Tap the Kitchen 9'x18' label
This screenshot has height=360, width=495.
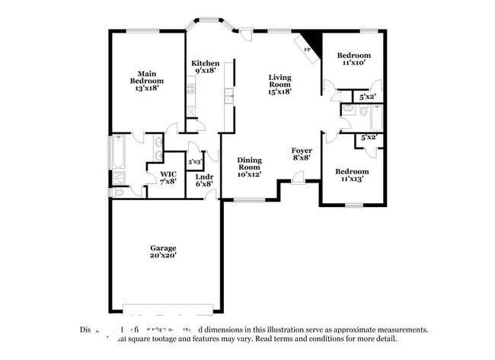pyautogui.click(x=206, y=67)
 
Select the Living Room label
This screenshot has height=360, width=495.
pyautogui.click(x=279, y=84)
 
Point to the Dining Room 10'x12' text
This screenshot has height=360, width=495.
pyautogui.click(x=249, y=167)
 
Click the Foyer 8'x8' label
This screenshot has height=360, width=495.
pyautogui.click(x=302, y=155)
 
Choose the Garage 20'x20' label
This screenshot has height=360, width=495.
pyautogui.click(x=163, y=252)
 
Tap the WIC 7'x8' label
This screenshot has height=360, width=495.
pyautogui.click(x=168, y=177)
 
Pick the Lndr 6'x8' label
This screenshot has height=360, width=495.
pyautogui.click(x=204, y=180)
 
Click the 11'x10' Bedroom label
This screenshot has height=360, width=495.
pyautogui.click(x=353, y=59)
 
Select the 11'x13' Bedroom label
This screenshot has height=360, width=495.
pyautogui.click(x=353, y=175)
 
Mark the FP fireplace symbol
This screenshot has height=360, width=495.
pyautogui.click(x=308, y=49)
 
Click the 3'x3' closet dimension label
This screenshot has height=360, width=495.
pyautogui.click(x=194, y=162)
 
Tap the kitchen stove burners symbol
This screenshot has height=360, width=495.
pyautogui.click(x=190, y=90)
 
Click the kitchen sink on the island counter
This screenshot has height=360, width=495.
pyautogui.click(x=228, y=94)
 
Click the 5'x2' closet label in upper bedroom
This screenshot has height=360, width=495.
pyautogui.click(x=368, y=97)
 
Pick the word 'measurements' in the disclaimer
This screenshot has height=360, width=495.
pyautogui.click(x=393, y=330)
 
